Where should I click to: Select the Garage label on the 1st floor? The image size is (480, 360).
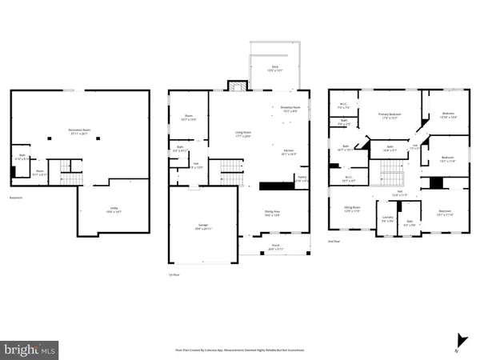coord(204,226)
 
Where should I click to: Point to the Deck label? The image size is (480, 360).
coord(274,68)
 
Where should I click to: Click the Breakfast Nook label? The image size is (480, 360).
coord(290,109)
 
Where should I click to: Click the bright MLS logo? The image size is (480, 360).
coord(30,349)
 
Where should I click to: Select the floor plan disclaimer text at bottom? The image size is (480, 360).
coord(240,350)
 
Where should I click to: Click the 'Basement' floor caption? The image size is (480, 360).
coord(16,198)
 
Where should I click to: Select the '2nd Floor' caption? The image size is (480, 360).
coord(335,241)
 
